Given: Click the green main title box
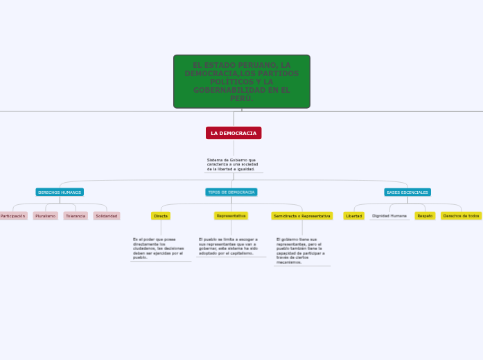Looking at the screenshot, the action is (x=241, y=82).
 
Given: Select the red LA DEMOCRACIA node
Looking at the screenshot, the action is (x=234, y=133).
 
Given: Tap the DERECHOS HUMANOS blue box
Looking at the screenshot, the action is (x=60, y=192).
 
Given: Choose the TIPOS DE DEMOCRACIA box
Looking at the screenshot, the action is (x=231, y=192).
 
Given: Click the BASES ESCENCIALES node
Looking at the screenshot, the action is (x=407, y=192).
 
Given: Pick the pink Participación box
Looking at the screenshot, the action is (x=12, y=216).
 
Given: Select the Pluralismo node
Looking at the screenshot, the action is (x=46, y=216).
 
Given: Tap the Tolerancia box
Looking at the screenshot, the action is (x=76, y=216).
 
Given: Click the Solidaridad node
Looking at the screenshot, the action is (x=107, y=216).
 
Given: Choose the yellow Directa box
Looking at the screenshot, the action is (x=161, y=216).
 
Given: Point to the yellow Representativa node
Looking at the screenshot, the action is (x=231, y=216).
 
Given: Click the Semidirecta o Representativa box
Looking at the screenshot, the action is (x=302, y=216).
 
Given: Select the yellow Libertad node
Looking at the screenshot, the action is (x=354, y=216).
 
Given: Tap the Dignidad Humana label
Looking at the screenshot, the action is (x=389, y=216).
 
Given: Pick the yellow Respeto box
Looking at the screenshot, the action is (x=425, y=216).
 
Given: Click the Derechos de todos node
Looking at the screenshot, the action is (x=462, y=216).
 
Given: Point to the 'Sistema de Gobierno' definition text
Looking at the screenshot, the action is (x=232, y=165).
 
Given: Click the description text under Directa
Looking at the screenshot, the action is (x=159, y=248).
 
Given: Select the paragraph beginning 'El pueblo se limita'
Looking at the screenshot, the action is (x=229, y=246).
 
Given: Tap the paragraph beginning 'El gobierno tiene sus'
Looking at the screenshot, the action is (x=301, y=251).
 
